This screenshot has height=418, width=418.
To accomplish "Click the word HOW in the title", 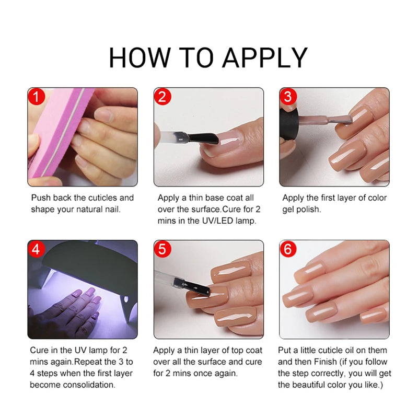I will pyautogui.click(x=137, y=57).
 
